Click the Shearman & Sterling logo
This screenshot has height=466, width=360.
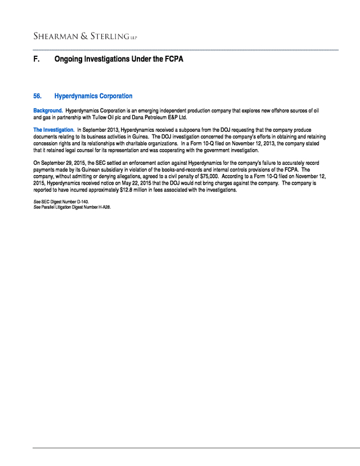[84, 37]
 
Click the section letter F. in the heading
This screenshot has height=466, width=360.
[37, 59]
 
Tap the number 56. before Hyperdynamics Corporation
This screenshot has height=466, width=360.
[38, 96]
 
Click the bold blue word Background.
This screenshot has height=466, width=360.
[48, 111]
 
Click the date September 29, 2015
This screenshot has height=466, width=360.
[60, 163]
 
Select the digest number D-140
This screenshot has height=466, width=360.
[82, 201]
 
